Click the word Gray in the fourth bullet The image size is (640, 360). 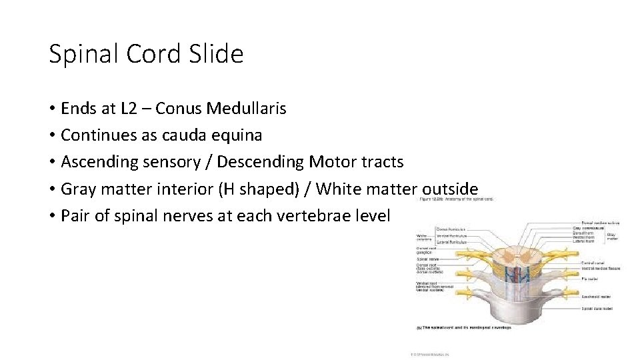(x=77, y=189)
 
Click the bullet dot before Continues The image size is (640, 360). (x=51, y=135)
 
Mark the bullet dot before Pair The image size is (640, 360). (x=51, y=216)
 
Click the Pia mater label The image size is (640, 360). (x=590, y=279)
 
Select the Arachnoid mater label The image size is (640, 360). (x=595, y=296)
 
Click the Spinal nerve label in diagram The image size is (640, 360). (x=424, y=260)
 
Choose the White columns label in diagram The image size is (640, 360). (x=423, y=237)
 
